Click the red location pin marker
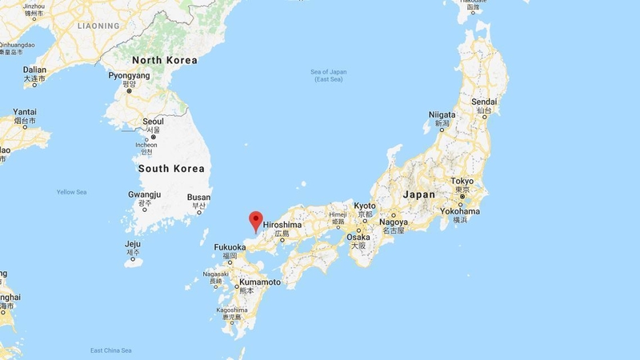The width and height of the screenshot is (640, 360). pos(256,218)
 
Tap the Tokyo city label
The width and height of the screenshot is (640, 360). pos(462,182)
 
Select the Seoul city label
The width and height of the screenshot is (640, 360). pos(153,122)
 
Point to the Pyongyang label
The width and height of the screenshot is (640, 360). pos(128,75)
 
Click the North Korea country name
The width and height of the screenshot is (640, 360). pos(164,60)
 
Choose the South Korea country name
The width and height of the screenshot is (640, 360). pos(171,169)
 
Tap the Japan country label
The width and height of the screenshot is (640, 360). pos(419,194)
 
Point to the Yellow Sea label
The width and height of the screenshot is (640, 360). pos(71,192)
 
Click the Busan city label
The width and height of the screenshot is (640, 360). pos(198,197)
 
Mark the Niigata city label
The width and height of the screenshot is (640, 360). pos(441,114)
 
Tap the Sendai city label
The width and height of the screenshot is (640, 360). pos(484,102)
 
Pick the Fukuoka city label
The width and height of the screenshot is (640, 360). pos(230,247)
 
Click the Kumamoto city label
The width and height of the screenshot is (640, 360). pos(258,282)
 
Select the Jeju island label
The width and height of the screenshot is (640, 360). pos(133,244)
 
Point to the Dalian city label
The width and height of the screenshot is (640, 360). pos(34,70)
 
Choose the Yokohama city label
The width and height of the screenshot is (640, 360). pos(460,211)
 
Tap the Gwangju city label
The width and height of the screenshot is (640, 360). pos(144,194)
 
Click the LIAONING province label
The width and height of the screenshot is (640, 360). pos(98,26)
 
